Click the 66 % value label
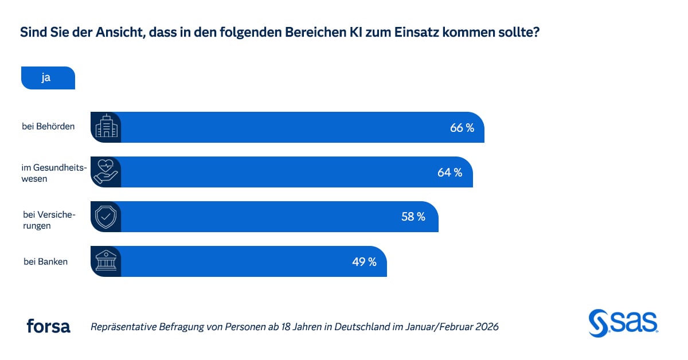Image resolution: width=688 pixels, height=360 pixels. pyautogui.click(x=462, y=128)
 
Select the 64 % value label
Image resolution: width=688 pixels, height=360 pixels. pyautogui.click(x=450, y=173)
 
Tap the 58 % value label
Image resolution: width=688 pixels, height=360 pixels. pyautogui.click(x=413, y=217)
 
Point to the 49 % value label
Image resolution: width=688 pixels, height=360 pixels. pyautogui.click(x=364, y=262)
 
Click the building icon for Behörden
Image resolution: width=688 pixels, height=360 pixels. pyautogui.click(x=106, y=127)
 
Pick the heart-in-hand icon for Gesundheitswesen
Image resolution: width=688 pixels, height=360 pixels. pyautogui.click(x=106, y=172)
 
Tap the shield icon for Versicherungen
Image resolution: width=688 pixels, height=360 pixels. pyautogui.click(x=106, y=217)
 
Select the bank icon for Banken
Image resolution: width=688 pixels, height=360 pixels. pyautogui.click(x=106, y=261)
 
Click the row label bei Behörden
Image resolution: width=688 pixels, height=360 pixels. pyautogui.click(x=49, y=127)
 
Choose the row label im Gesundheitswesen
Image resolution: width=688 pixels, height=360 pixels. pyautogui.click(x=54, y=173)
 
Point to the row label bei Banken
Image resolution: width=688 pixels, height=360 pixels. pyautogui.click(x=45, y=262)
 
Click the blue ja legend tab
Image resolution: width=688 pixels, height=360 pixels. pyautogui.click(x=48, y=78)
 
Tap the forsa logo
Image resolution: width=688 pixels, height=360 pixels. pyautogui.click(x=48, y=327)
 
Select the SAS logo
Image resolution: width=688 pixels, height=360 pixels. pyautogui.click(x=623, y=324)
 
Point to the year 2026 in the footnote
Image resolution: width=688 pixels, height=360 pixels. pyautogui.click(x=486, y=327)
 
